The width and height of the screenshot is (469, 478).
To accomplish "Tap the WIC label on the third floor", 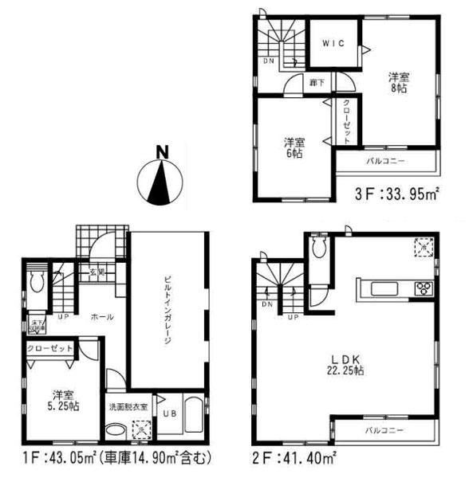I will (x=334, y=44).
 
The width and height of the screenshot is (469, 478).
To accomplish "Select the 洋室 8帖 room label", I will (x=398, y=82).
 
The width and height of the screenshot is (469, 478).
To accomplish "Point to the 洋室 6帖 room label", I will (x=294, y=149).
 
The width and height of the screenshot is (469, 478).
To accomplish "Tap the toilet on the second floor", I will (x=320, y=249).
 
